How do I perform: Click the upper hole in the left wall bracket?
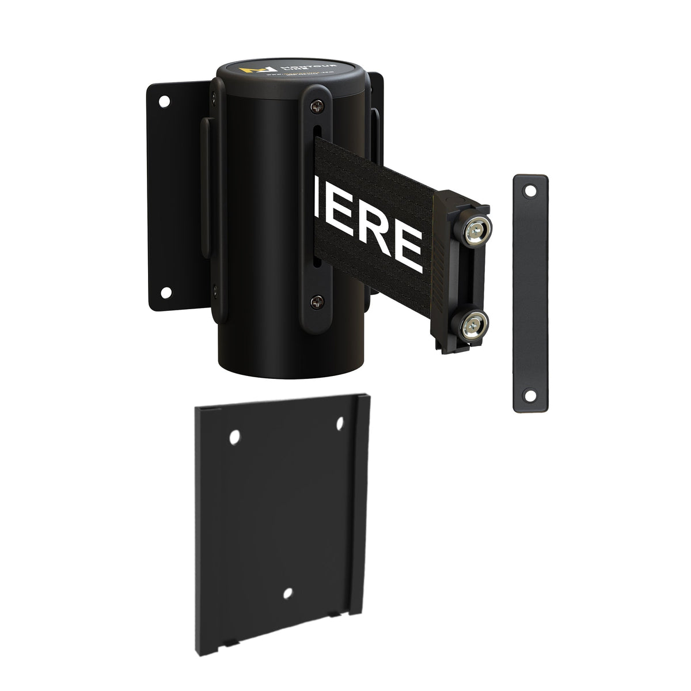(x=165, y=101)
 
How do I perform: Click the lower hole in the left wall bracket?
(x=165, y=292)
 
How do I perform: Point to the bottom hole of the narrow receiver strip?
(x=528, y=394)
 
